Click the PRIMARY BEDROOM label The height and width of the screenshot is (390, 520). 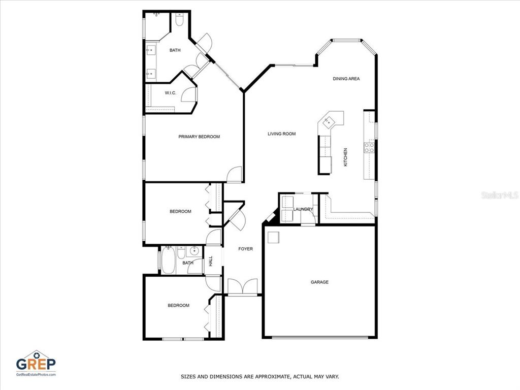(x=199, y=137)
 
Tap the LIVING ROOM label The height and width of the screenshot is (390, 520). (x=281, y=134)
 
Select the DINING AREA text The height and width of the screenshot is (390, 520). (x=346, y=79)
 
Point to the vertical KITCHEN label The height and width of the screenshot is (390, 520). (x=345, y=157)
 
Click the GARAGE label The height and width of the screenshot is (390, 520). (x=320, y=282)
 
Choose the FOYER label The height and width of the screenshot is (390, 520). (x=245, y=249)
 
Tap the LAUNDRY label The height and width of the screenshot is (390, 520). (x=303, y=209)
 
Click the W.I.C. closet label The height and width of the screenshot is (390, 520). (x=171, y=93)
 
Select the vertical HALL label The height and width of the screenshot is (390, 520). (x=211, y=261)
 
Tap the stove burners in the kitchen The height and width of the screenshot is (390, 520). (x=369, y=148)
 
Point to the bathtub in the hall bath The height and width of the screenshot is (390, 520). (x=168, y=261)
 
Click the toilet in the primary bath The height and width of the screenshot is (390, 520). (x=179, y=20)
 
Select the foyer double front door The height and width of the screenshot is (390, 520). (x=243, y=286)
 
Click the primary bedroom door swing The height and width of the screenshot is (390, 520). (x=234, y=174)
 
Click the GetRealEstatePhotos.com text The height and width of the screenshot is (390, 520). (x=36, y=374)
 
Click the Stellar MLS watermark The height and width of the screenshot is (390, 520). (x=500, y=196)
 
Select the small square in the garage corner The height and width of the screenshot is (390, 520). (x=274, y=238)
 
